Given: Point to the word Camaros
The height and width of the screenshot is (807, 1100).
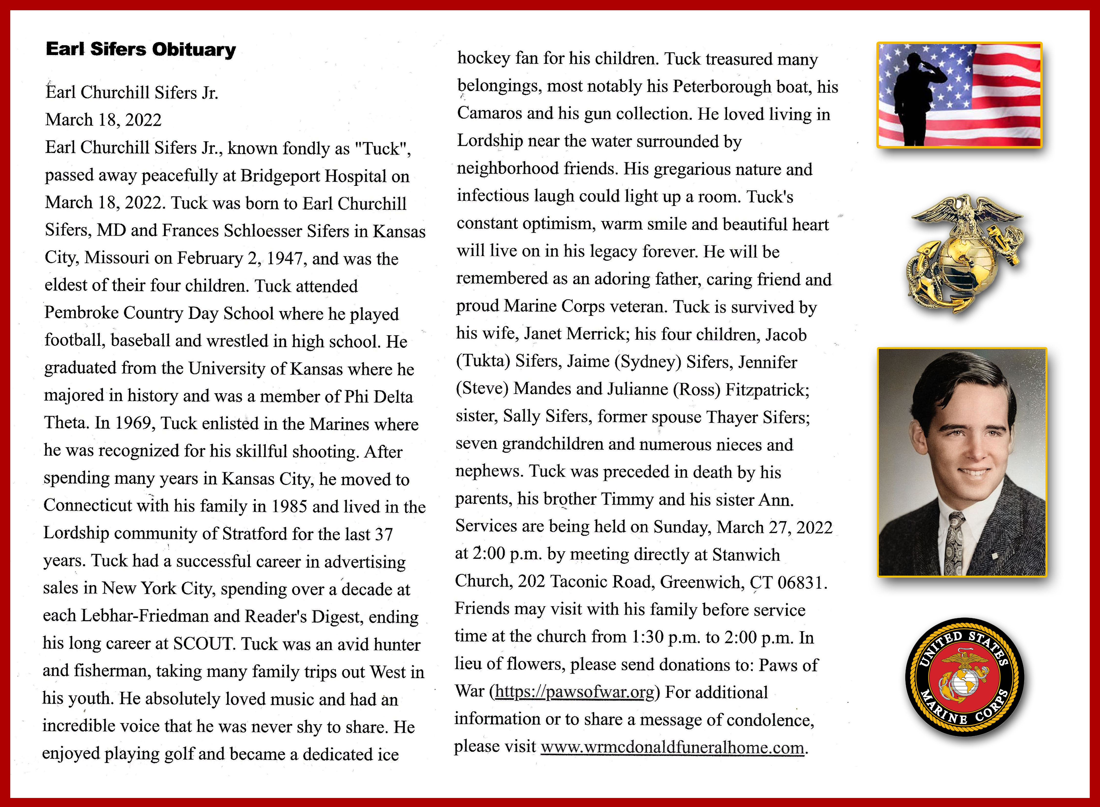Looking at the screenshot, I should pyautogui.click(x=489, y=113).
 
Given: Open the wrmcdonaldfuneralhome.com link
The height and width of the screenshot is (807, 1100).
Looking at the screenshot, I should pyautogui.click(x=672, y=747).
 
